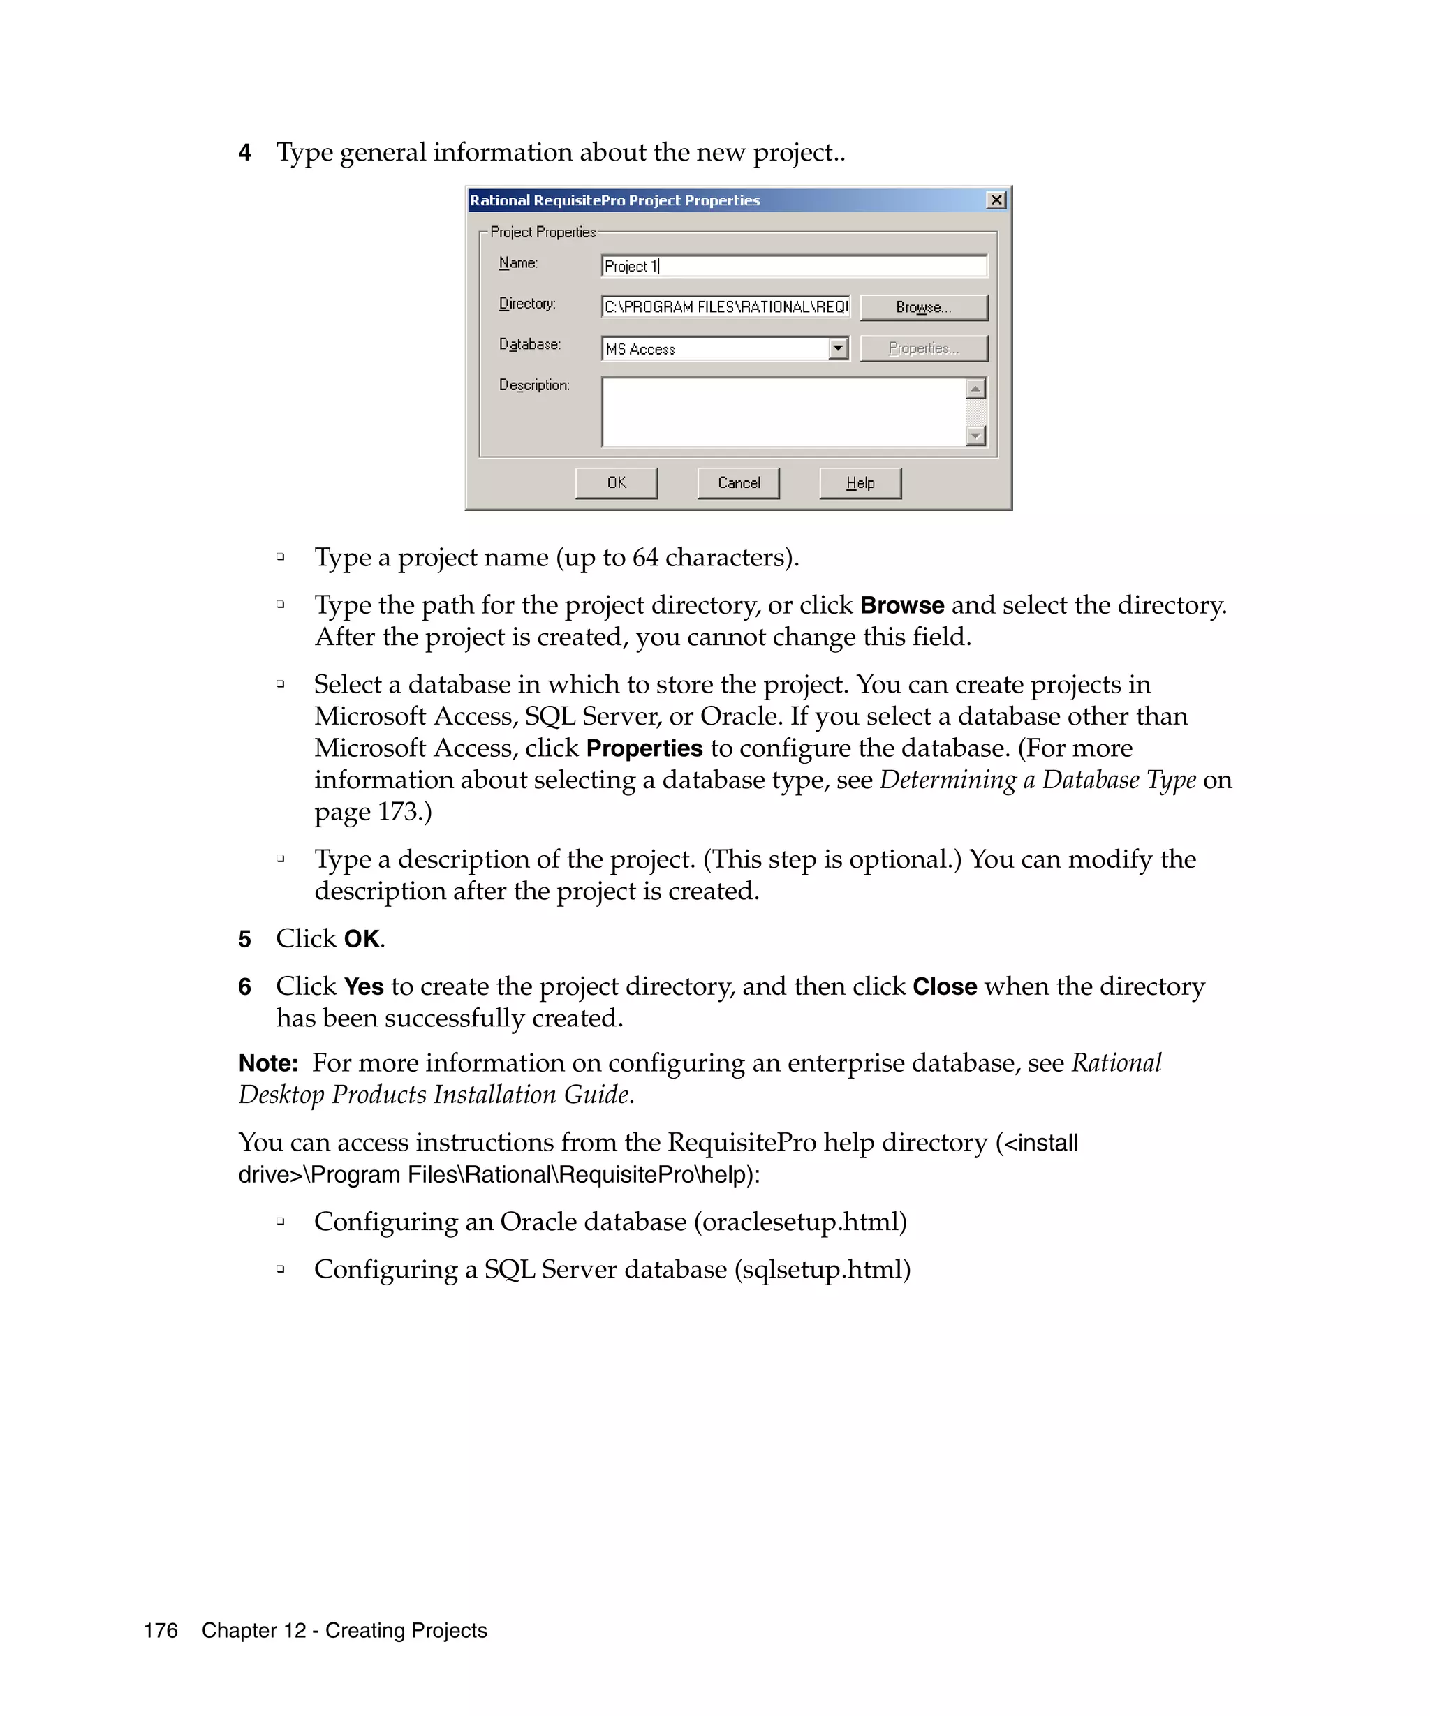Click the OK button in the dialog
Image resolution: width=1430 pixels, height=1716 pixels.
point(615,482)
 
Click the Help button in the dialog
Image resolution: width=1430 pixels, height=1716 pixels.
point(860,482)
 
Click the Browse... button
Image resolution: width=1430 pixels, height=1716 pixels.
point(922,307)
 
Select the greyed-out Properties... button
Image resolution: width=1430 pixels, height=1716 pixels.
point(922,348)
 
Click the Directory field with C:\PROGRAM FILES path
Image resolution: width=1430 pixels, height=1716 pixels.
point(725,307)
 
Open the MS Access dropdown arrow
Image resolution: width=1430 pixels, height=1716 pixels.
point(838,349)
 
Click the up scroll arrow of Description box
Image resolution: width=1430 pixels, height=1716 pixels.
point(975,388)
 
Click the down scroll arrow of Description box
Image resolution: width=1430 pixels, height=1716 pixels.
point(975,436)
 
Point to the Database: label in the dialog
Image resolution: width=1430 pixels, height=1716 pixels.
point(529,344)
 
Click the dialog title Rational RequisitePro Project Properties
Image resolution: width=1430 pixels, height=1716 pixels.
point(614,200)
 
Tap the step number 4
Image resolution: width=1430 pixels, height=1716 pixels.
point(244,153)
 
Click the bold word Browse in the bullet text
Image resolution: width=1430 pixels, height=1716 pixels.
point(901,605)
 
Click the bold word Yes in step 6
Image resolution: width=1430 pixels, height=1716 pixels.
point(364,987)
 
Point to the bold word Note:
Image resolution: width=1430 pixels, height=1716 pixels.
point(268,1063)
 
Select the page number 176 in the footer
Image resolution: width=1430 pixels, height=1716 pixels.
point(160,1630)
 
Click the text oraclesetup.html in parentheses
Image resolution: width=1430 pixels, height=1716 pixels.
point(800,1222)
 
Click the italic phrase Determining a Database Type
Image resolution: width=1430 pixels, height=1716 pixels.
point(1037,781)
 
